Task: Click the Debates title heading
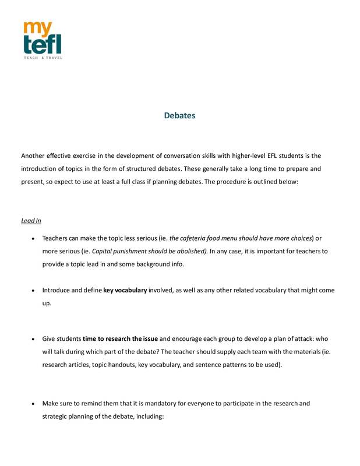pyautogui.click(x=179, y=115)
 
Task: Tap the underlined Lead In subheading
pyautogui.click(x=31, y=221)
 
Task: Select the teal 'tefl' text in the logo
pyautogui.click(x=42, y=44)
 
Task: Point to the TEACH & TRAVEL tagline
pyautogui.click(x=43, y=58)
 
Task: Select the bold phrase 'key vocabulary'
pyautogui.click(x=125, y=290)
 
